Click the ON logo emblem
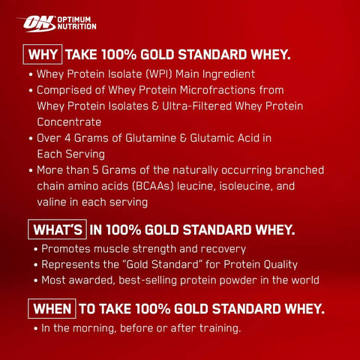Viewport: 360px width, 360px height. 37,23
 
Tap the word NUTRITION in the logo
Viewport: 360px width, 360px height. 77,26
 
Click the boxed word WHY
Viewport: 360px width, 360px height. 43,55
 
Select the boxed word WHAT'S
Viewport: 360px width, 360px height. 58,229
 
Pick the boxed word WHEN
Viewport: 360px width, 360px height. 52,309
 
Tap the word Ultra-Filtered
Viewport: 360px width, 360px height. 196,106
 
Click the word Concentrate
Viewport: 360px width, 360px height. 69,122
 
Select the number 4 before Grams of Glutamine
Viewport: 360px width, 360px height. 67,138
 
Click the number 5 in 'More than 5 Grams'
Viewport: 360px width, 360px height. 95,170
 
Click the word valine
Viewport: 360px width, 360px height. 52,202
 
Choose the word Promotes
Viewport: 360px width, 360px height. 65,249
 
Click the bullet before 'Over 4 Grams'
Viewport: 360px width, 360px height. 31,139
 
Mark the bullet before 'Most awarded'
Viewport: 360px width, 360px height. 35,280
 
